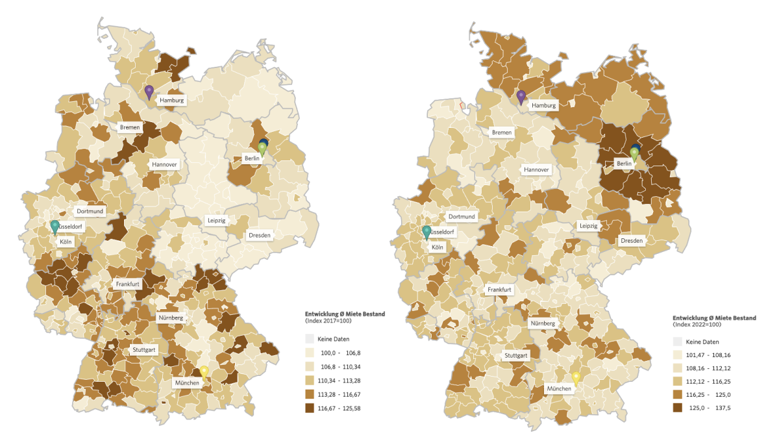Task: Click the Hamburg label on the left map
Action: click(172, 101)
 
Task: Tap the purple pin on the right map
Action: click(521, 97)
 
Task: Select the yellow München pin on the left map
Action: click(204, 371)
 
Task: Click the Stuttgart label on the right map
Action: click(515, 355)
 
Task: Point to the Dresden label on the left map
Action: click(258, 235)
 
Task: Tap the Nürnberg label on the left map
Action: click(171, 318)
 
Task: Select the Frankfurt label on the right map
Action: click(500, 290)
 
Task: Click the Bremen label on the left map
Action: click(130, 128)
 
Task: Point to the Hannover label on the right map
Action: click(536, 169)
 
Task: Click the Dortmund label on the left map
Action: click(90, 211)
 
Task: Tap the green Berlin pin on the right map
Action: click(634, 154)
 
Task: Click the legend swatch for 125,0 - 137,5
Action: click(678, 408)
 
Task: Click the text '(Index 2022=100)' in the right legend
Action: click(698, 324)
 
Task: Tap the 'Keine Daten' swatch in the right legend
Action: click(678, 342)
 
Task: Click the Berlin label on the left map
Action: click(252, 158)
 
